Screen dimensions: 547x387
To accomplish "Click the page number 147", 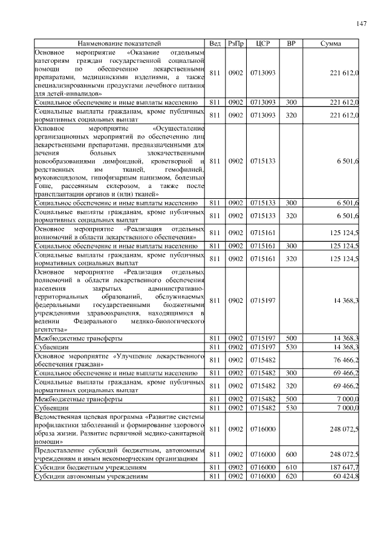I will point(362,24).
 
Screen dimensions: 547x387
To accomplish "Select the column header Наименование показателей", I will point(120,44).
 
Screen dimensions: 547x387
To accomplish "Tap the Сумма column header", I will point(330,44).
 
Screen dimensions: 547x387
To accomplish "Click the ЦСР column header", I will point(263,44).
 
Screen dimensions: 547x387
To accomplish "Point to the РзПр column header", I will point(235,44).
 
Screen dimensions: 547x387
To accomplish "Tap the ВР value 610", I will point(291,467).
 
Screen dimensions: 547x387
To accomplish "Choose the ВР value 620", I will point(291,476).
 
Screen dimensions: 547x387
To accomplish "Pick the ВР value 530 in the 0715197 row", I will point(291,347).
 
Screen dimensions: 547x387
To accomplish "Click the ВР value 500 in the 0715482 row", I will point(291,399).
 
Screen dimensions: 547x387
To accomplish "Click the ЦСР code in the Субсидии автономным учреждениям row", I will point(263,476).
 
